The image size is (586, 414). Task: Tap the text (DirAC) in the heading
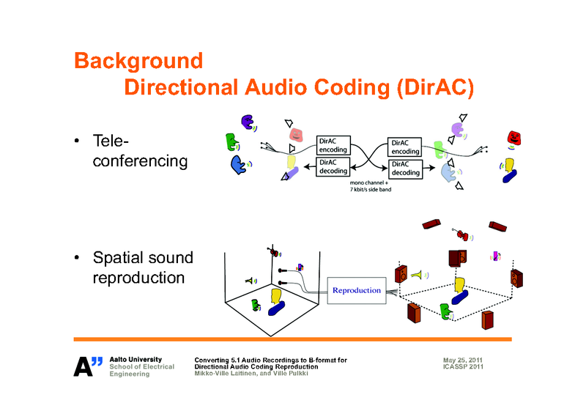434,88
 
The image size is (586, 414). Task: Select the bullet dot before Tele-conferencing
77,141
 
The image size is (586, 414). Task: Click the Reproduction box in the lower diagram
357,290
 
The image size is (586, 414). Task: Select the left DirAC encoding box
333,145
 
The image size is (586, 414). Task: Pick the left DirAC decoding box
333,168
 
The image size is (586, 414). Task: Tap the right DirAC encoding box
405,146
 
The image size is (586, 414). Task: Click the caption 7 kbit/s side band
374,189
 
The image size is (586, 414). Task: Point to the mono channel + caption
374,182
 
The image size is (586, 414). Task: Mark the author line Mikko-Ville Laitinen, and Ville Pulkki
251,374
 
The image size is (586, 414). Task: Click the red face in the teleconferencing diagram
515,137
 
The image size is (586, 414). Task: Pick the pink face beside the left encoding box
295,135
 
